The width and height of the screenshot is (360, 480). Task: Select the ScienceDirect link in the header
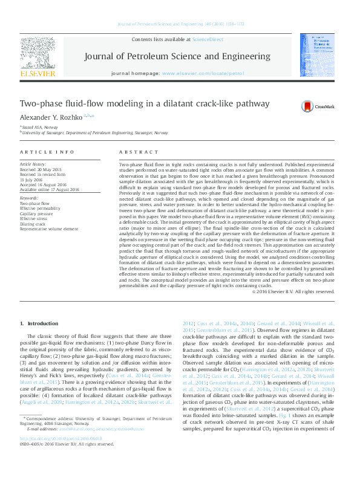[207, 40]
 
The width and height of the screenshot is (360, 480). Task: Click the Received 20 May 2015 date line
[41, 169]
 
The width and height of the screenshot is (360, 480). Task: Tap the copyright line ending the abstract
[292, 291]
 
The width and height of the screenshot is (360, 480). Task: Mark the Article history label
[33, 164]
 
